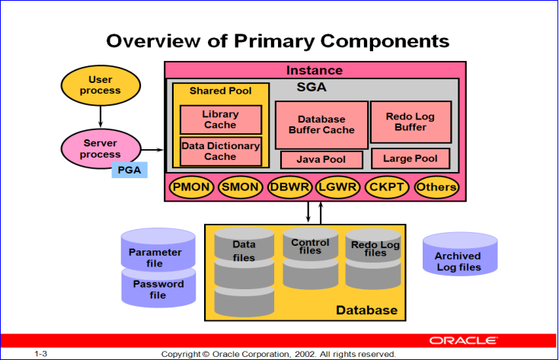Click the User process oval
(x=101, y=85)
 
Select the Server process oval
(x=101, y=149)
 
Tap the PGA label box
(x=129, y=170)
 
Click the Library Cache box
(x=220, y=119)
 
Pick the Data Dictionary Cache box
(x=220, y=151)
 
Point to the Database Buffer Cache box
(x=321, y=124)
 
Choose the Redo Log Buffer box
(x=411, y=122)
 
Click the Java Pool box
(x=321, y=160)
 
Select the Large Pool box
(x=410, y=159)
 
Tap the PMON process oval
(x=190, y=187)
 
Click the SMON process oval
(x=240, y=187)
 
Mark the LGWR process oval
(x=338, y=187)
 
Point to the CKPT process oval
(x=388, y=187)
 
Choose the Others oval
(x=436, y=187)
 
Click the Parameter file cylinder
(x=158, y=253)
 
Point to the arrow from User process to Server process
(x=101, y=116)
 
